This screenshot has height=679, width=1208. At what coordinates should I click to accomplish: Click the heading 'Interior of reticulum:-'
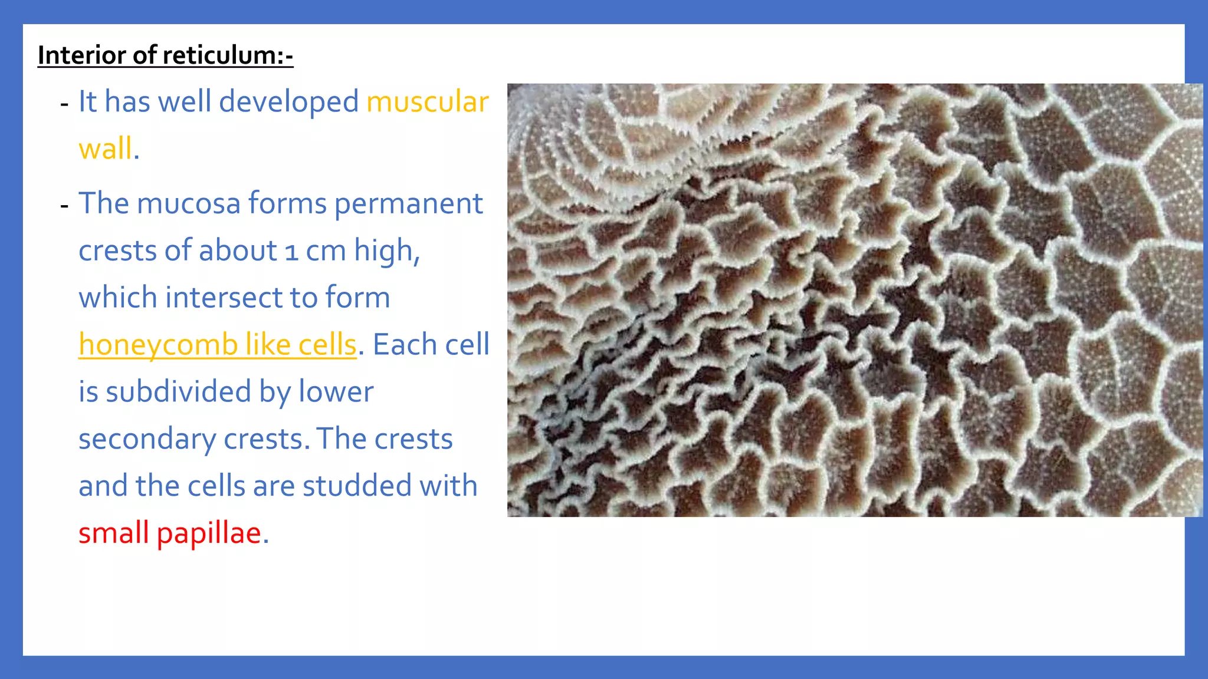[x=165, y=55]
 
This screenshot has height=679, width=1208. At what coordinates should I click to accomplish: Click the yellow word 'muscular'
[x=427, y=102]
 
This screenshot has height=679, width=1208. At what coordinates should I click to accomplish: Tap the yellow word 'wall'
[x=106, y=149]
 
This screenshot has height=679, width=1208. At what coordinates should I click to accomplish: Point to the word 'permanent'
[x=409, y=203]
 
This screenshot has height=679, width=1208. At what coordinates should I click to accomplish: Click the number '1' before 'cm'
[x=291, y=252]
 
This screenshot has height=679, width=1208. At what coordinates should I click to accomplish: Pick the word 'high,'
[x=387, y=250]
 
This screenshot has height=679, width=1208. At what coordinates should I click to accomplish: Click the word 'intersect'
[x=215, y=298]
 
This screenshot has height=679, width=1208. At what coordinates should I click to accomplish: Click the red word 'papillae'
[x=208, y=533]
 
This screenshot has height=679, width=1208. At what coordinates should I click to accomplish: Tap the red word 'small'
[x=113, y=533]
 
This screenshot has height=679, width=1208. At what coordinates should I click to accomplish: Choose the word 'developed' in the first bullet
[x=288, y=102]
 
